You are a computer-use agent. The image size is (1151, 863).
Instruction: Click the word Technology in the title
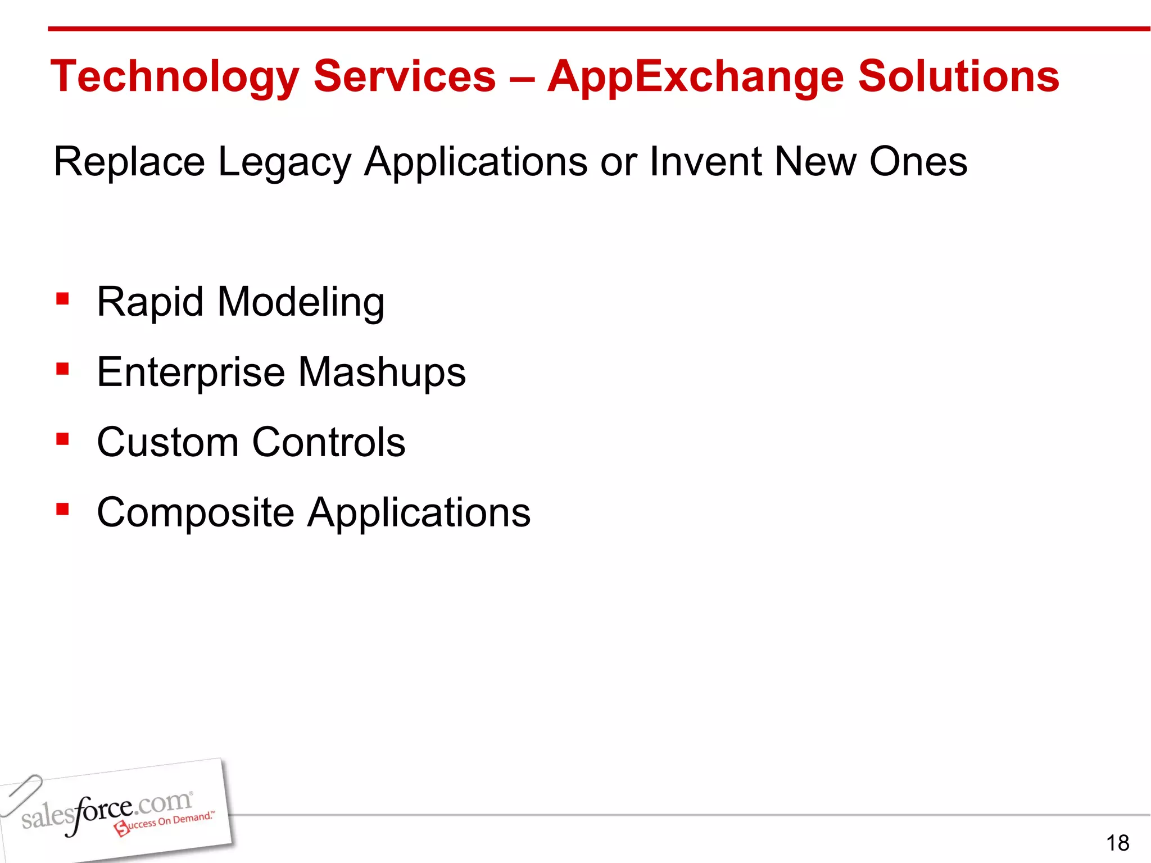pos(175,77)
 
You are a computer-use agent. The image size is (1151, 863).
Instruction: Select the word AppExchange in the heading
pos(695,77)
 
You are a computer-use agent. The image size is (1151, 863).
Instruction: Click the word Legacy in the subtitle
pos(284,162)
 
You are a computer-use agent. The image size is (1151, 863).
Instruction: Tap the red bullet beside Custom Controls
pos(62,439)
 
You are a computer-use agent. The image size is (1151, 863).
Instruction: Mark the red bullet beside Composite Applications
pos(62,509)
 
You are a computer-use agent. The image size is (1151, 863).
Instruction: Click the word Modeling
pos(301,302)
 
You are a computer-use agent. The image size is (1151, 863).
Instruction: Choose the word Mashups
pos(382,372)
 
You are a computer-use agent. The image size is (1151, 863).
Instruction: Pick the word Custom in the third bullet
pos(167,442)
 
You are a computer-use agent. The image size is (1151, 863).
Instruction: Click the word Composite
pos(196,512)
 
